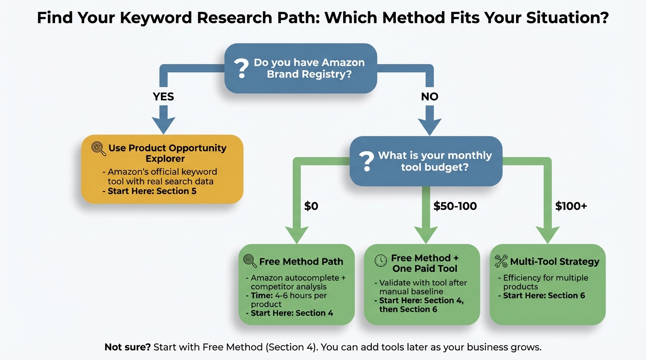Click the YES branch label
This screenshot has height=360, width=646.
(163, 97)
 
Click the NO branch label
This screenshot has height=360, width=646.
(429, 97)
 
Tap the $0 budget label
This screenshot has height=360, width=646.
(311, 206)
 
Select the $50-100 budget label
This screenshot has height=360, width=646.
(454, 206)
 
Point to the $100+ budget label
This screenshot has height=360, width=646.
(571, 206)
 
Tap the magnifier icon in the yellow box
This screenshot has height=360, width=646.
(99, 149)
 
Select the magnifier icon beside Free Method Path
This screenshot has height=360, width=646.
(250, 261)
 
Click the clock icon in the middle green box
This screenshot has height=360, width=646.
(381, 261)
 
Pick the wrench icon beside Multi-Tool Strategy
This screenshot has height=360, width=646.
(501, 262)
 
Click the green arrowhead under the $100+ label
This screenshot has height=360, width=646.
(547, 234)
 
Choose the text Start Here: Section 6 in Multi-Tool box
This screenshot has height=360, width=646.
(544, 295)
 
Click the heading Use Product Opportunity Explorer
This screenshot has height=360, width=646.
(167, 153)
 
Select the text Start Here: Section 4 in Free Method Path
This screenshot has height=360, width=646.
(292, 313)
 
